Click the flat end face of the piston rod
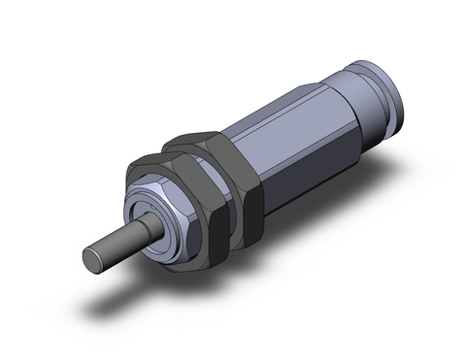91,258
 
